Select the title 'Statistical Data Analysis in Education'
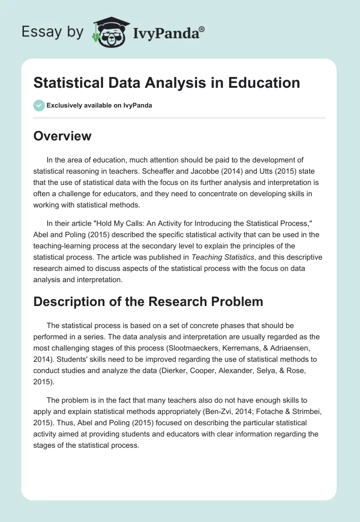166,83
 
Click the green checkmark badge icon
39,105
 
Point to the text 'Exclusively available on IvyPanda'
99,105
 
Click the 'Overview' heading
62,136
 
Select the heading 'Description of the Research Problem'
148,301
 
